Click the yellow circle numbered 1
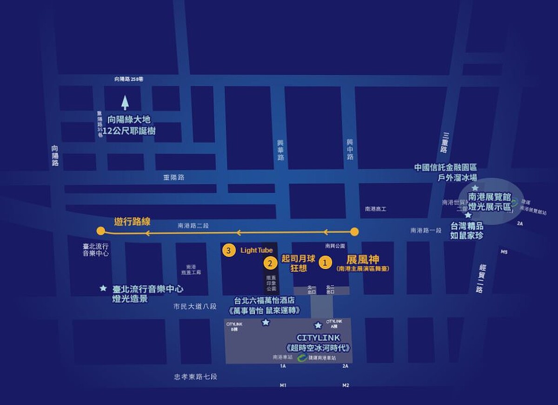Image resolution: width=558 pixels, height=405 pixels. (325, 263)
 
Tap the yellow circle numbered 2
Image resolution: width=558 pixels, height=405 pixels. (270, 263)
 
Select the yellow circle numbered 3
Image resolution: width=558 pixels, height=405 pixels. (228, 250)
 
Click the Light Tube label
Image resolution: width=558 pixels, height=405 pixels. (257, 250)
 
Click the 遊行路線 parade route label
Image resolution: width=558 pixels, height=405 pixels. (133, 222)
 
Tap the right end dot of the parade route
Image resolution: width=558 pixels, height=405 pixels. (354, 231)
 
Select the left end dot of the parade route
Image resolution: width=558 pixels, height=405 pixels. (100, 231)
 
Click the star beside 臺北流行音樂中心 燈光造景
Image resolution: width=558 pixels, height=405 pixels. (103, 288)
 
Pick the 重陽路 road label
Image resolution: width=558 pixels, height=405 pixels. (174, 177)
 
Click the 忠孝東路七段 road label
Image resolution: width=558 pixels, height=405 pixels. (195, 377)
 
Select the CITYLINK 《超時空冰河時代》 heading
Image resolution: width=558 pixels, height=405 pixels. (318, 342)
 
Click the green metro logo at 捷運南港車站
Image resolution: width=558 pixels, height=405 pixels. (302, 358)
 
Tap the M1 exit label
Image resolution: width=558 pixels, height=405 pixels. (283, 385)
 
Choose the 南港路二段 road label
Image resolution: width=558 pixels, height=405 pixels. (193, 226)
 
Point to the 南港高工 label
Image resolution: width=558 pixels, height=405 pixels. (375, 209)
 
